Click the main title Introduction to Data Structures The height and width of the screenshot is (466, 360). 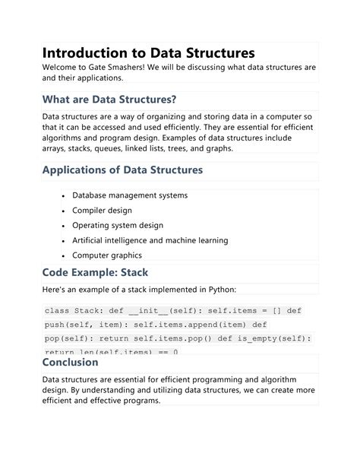click(x=148, y=53)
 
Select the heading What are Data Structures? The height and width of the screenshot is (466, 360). click(x=109, y=100)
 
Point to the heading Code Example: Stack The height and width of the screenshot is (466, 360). click(x=95, y=271)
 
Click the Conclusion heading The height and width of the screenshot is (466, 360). click(x=71, y=362)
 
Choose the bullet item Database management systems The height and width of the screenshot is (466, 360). click(x=130, y=195)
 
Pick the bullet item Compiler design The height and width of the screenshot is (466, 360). click(x=102, y=211)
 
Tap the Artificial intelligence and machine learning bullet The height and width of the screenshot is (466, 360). click(x=150, y=240)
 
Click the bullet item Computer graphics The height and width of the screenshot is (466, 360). click(x=106, y=255)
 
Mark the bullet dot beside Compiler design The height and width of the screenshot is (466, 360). click(x=62, y=211)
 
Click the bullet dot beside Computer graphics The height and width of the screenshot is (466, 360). click(x=62, y=255)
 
